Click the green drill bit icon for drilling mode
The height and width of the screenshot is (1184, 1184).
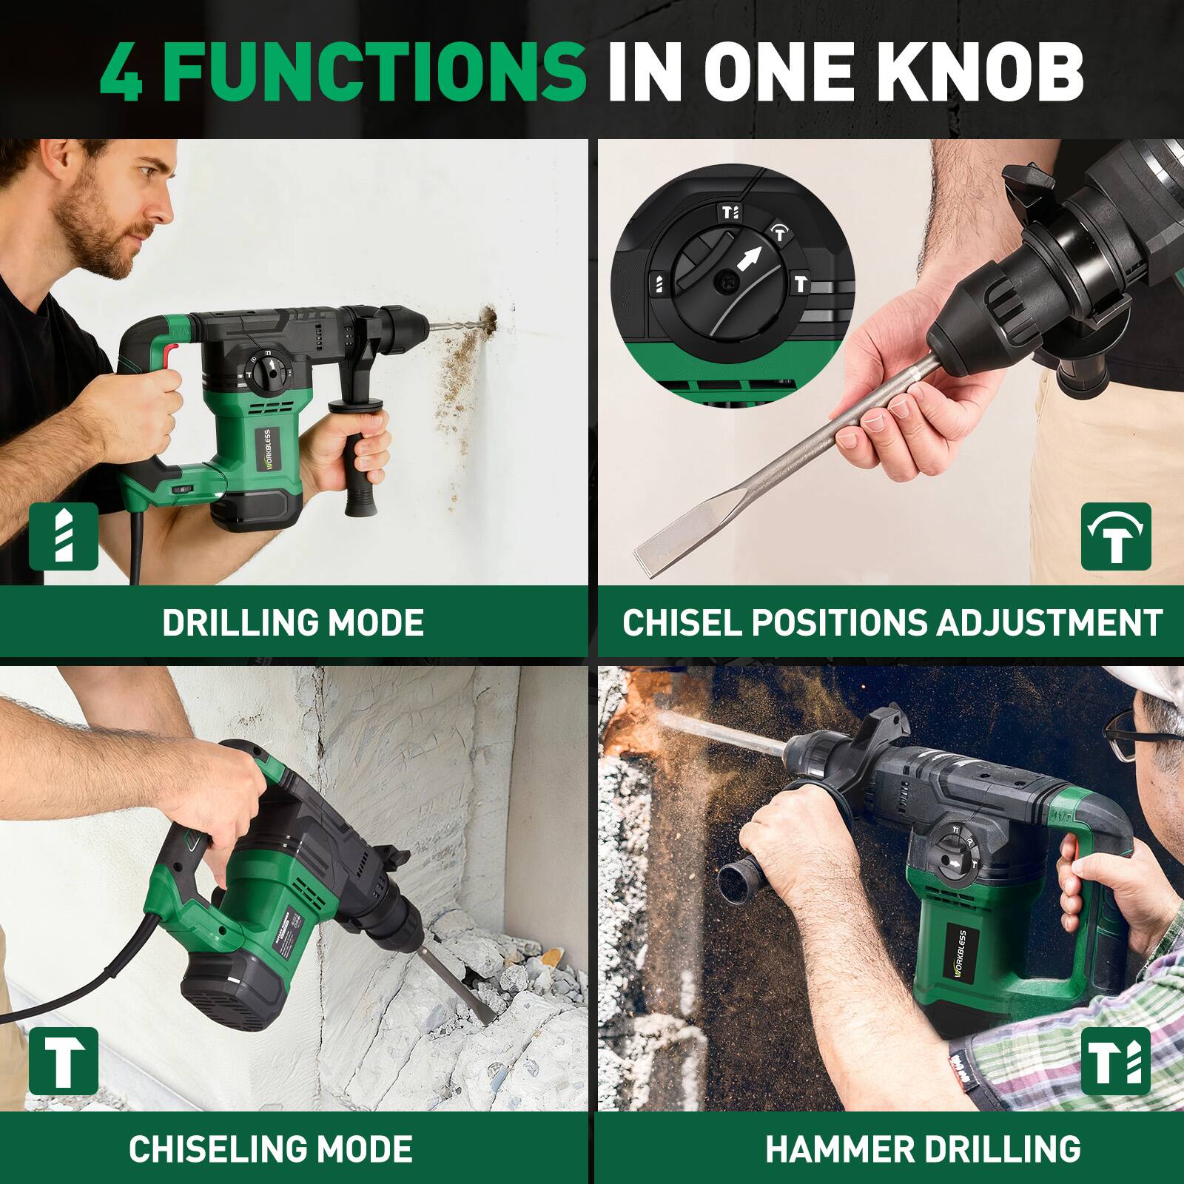tap(64, 536)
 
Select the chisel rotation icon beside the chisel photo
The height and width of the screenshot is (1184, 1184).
tap(1116, 536)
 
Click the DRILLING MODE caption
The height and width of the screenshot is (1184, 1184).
tap(293, 622)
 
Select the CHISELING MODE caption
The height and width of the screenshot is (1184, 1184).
tap(271, 1148)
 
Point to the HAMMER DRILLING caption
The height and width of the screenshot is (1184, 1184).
tap(923, 1148)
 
